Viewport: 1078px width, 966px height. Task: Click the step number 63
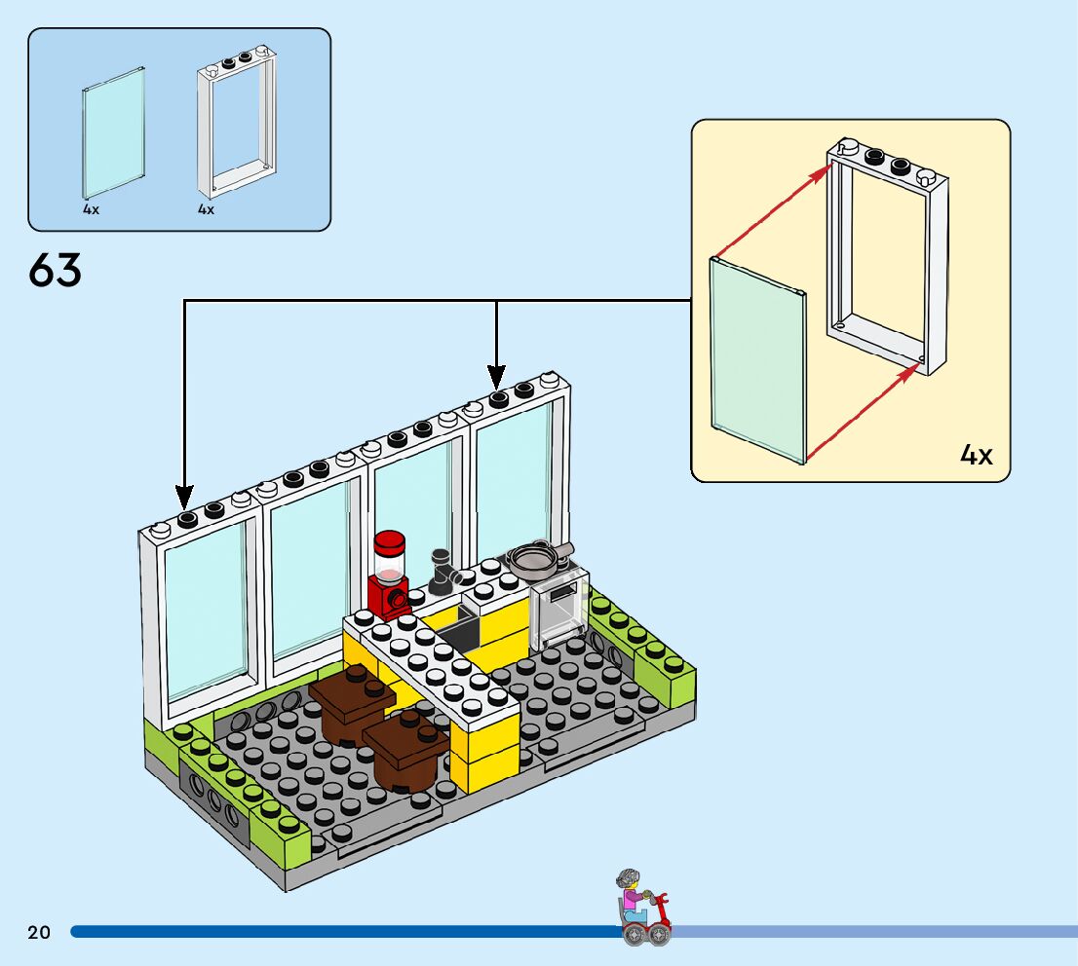56,270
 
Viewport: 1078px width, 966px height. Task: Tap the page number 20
39,933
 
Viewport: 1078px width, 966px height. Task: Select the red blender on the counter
389,575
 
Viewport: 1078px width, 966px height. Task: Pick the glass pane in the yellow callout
758,360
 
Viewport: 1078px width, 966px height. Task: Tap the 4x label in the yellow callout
977,455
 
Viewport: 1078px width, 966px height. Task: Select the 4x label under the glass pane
91,209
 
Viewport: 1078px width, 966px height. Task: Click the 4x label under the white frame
206,209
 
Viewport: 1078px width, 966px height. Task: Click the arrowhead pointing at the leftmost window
184,497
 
